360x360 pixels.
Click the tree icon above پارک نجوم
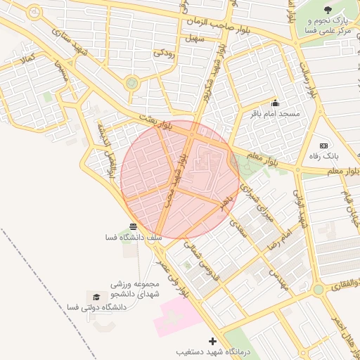click(x=328, y=9)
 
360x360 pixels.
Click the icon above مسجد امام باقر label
click(x=274, y=103)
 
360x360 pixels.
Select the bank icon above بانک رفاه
click(x=323, y=145)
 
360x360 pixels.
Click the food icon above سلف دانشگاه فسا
click(x=133, y=226)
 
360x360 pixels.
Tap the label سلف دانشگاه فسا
click(x=133, y=238)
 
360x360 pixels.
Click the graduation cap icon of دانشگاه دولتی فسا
click(x=94, y=297)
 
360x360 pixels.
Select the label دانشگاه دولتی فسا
click(x=91, y=307)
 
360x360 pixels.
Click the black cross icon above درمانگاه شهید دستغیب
click(x=213, y=341)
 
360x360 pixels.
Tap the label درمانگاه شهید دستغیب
click(x=212, y=351)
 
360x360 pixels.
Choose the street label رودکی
click(x=165, y=51)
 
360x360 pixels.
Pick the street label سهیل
click(x=194, y=38)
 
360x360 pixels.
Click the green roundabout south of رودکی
click(x=131, y=84)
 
